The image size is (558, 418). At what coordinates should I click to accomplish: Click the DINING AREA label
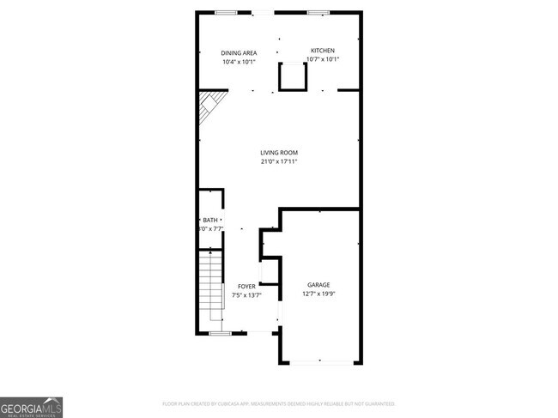239,52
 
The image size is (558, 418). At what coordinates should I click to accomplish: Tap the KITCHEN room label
322,51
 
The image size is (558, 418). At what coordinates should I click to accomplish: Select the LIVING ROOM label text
278,153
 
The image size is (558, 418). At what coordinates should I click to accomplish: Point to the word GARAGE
318,284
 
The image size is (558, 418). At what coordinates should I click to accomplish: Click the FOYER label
246,286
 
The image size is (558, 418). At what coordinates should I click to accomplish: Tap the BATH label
210,221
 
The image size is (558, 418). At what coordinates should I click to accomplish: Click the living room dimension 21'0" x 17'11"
278,161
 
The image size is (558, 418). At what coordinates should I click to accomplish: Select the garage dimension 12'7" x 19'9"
318,294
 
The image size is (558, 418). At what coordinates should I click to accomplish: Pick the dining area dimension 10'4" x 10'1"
239,61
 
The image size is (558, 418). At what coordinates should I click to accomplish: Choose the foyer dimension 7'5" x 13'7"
246,294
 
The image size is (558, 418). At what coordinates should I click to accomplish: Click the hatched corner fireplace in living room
208,109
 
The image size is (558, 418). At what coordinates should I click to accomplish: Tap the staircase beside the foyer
210,288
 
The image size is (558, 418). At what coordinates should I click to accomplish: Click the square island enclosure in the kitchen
293,77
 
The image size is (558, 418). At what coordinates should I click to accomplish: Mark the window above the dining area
227,12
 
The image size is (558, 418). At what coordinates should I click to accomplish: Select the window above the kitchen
318,12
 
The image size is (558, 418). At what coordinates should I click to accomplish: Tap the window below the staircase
221,333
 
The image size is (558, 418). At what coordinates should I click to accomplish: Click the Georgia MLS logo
32,406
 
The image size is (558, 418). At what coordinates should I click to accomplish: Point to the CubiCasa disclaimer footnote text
278,403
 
